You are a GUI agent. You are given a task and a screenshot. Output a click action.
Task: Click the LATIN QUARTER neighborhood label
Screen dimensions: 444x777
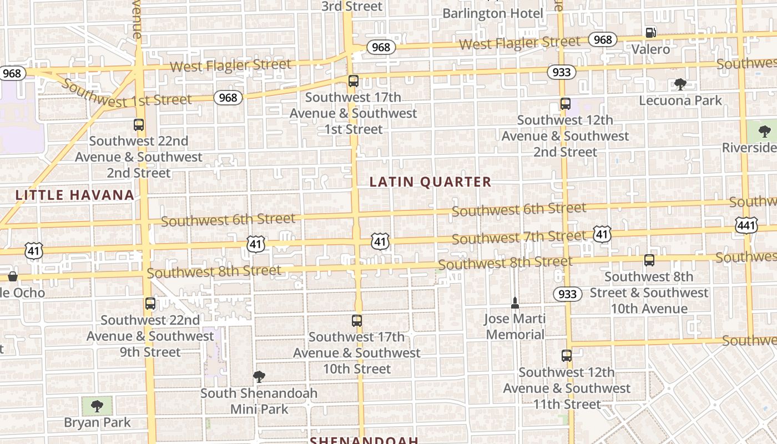pyautogui.click(x=430, y=182)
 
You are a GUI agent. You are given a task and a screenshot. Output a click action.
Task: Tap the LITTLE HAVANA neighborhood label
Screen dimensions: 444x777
pyautogui.click(x=74, y=195)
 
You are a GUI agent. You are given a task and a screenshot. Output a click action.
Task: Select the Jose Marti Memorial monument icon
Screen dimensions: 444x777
pyautogui.click(x=515, y=303)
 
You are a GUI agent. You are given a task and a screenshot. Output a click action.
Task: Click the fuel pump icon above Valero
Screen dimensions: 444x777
pyautogui.click(x=650, y=33)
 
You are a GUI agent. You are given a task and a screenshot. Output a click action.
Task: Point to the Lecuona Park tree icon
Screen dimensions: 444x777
pyautogui.click(x=680, y=84)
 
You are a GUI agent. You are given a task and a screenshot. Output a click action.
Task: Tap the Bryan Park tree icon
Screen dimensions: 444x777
pyautogui.click(x=97, y=406)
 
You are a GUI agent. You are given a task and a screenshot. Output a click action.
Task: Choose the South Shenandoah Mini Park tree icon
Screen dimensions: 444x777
pyautogui.click(x=259, y=377)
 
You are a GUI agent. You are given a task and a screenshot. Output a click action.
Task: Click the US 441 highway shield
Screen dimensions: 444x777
pyautogui.click(x=746, y=224)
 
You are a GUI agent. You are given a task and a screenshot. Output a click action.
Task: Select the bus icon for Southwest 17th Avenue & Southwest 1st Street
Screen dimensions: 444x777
pyautogui.click(x=354, y=81)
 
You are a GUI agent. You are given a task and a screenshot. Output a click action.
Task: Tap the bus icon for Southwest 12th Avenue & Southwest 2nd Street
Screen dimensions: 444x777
pyautogui.click(x=565, y=104)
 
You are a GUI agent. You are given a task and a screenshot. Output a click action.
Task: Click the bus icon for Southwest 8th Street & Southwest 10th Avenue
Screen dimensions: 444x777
pyautogui.click(x=649, y=260)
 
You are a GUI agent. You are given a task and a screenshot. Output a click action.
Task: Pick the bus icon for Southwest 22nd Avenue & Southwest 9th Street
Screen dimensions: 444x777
pyautogui.click(x=150, y=304)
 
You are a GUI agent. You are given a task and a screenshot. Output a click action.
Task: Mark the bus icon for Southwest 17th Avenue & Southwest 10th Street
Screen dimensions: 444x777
pyautogui.click(x=357, y=321)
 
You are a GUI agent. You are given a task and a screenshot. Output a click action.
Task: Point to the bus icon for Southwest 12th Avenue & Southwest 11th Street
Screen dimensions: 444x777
pyautogui.click(x=566, y=356)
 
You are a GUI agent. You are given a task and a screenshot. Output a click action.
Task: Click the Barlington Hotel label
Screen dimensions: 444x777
pyautogui.click(x=493, y=13)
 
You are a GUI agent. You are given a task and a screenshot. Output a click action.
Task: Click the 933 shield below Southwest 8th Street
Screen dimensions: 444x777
pyautogui.click(x=567, y=294)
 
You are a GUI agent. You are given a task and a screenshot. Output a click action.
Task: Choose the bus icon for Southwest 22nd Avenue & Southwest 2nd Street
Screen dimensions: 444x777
pyautogui.click(x=139, y=125)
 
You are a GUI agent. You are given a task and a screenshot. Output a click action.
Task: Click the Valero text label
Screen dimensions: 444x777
pyautogui.click(x=650, y=49)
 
